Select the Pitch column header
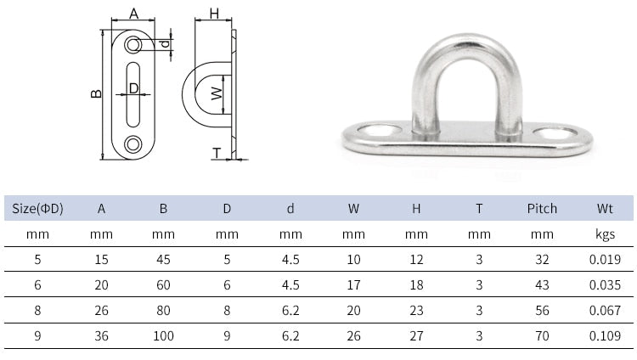pos(542,208)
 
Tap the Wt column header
pos(606,208)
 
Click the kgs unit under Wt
pos(606,233)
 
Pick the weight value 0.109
pos(606,336)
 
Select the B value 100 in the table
pos(163,336)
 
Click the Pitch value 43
pos(542,285)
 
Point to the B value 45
pos(163,260)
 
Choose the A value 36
pos(101,336)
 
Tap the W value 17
pos(353,285)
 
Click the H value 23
pos(416,311)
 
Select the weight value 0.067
pos(606,311)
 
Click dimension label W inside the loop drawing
pos(216,93)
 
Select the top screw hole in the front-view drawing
pos(133,43)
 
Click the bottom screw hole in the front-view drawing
pos(133,145)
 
